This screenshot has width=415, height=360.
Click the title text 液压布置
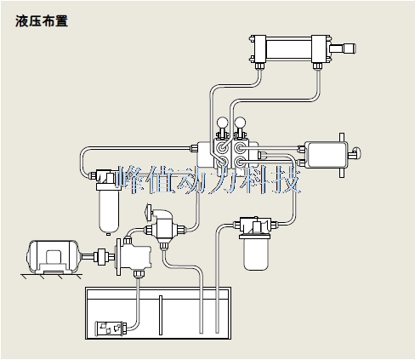pyautogui.click(x=42, y=21)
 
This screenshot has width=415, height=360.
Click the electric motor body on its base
pyautogui.click(x=54, y=256)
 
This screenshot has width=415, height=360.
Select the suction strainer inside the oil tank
pyautogui.click(x=110, y=329)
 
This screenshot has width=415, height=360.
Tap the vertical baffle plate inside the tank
pyautogui.click(x=161, y=315)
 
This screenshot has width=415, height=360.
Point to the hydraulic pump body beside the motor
pyautogui.click(x=134, y=257)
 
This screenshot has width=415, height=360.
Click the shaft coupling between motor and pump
pyautogui.click(x=101, y=257)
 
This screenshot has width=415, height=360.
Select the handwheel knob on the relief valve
pyautogui.click(x=148, y=211)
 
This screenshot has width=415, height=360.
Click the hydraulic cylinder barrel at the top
pyautogui.click(x=289, y=49)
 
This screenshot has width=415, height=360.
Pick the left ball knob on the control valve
pyautogui.click(x=222, y=123)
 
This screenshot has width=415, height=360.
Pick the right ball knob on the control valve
pyautogui.click(x=241, y=123)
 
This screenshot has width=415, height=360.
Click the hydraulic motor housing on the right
pyautogui.click(x=327, y=155)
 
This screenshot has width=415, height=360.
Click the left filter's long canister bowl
pyautogui.click(x=109, y=211)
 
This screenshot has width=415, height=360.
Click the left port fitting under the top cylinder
pyautogui.click(x=259, y=66)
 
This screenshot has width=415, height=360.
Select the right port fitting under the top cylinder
pyautogui.click(x=317, y=66)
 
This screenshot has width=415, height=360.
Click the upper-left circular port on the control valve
pyautogui.click(x=222, y=147)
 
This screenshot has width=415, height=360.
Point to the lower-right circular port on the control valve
pyautogui.click(x=240, y=162)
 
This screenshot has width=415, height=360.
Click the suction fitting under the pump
pyautogui.click(x=139, y=274)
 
